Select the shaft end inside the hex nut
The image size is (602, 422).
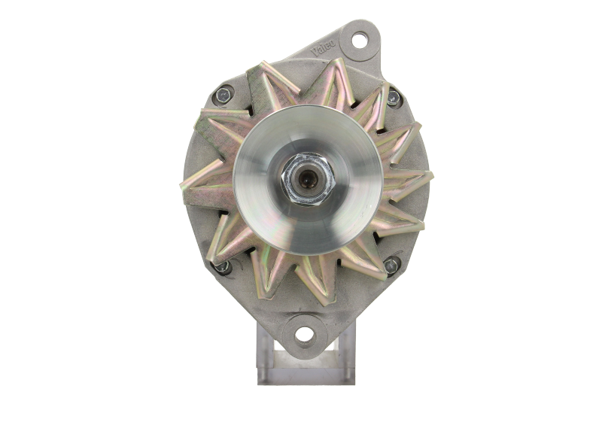pos(308,181)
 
